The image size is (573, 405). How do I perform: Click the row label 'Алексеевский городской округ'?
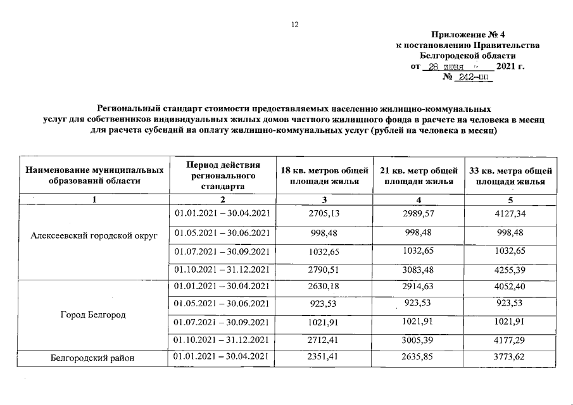click(x=94, y=235)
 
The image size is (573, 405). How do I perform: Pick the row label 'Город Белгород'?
click(x=94, y=315)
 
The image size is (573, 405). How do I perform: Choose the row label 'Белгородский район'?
click(x=94, y=359)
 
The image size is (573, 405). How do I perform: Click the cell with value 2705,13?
click(x=325, y=213)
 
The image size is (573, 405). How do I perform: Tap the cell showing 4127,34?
click(x=510, y=213)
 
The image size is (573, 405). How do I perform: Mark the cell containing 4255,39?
click(x=510, y=271)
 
